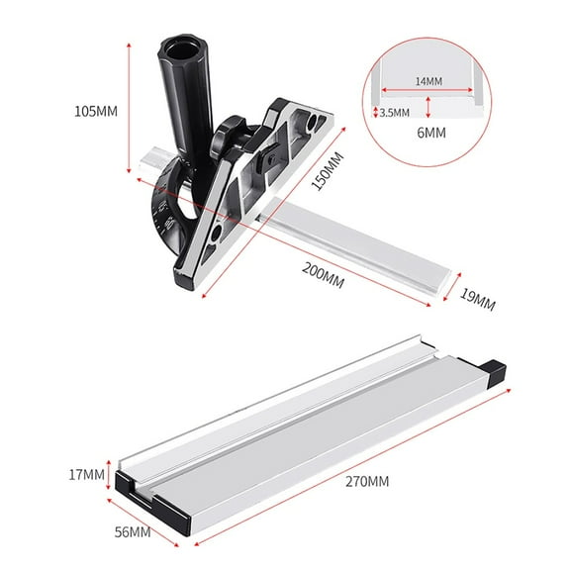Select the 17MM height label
pos(85,474)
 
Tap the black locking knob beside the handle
pos(233,130)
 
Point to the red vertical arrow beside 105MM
pos(129,111)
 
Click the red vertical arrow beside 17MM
pos(111,474)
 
